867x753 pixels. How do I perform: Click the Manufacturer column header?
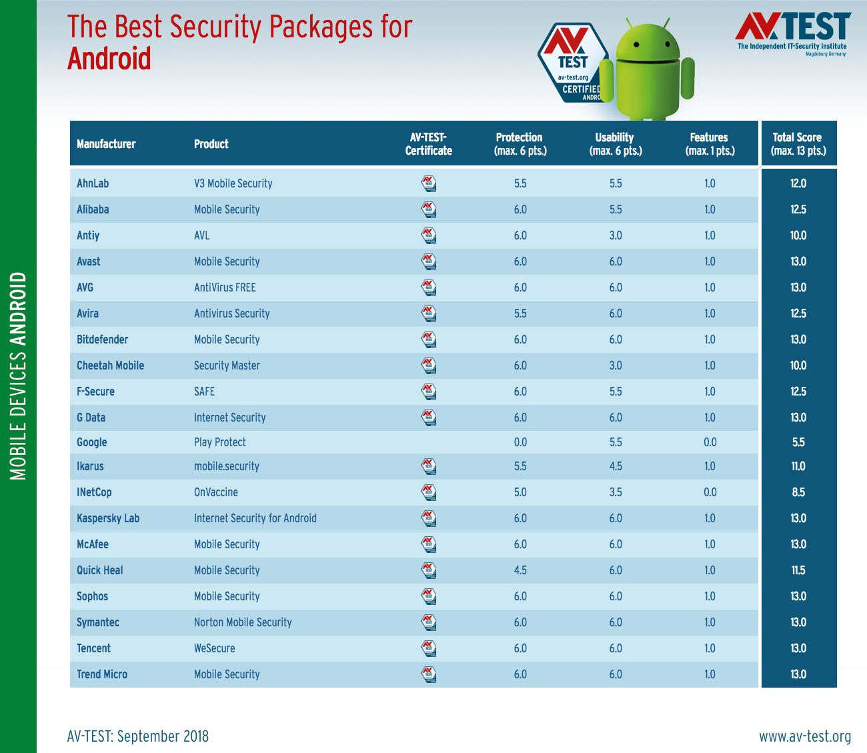pyautogui.click(x=106, y=144)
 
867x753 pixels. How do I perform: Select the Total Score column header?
pyautogui.click(x=798, y=144)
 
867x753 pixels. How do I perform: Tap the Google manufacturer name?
pyautogui.click(x=92, y=442)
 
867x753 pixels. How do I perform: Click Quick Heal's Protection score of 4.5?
pyautogui.click(x=520, y=570)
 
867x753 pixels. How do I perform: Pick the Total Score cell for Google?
pyautogui.click(x=798, y=442)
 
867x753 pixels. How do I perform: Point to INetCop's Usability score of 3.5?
pyautogui.click(x=616, y=492)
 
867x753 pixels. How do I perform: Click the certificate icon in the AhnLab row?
pyautogui.click(x=429, y=183)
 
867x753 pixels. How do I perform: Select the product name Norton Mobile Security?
pyautogui.click(x=243, y=622)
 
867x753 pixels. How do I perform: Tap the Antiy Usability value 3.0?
pyautogui.click(x=616, y=235)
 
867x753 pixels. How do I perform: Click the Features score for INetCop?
pyautogui.click(x=710, y=492)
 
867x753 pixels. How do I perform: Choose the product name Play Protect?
pyautogui.click(x=219, y=442)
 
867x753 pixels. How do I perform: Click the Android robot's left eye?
pyautogui.click(x=637, y=45)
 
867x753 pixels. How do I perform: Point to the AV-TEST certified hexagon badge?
pyautogui.click(x=572, y=63)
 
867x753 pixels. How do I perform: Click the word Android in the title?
pyautogui.click(x=109, y=59)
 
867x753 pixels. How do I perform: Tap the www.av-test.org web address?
pyautogui.click(x=805, y=736)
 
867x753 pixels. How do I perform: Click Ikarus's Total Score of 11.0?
pyautogui.click(x=798, y=466)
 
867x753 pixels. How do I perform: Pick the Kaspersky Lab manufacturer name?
pyautogui.click(x=108, y=518)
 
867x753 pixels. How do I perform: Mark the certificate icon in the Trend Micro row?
pyautogui.click(x=429, y=674)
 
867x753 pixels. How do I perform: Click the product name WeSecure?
pyautogui.click(x=214, y=648)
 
